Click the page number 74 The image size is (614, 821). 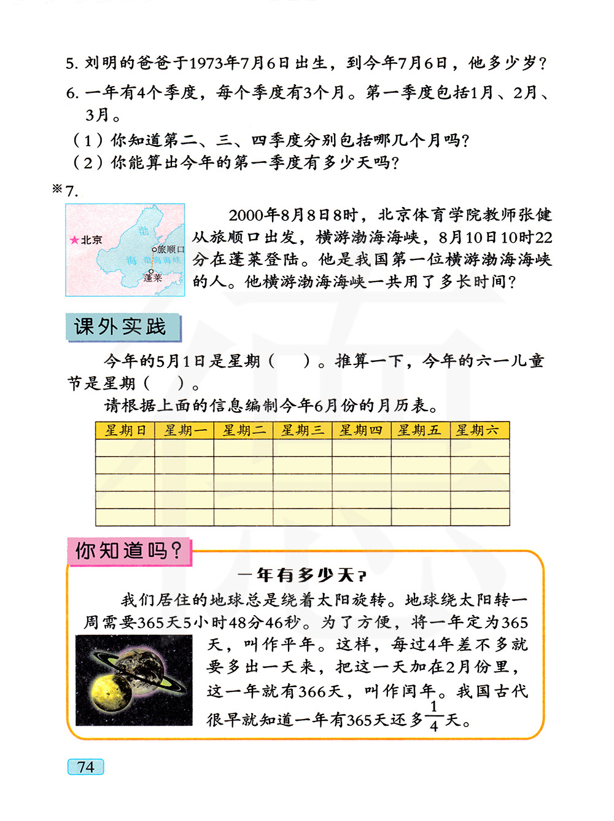[85, 767]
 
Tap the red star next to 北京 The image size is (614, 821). [74, 240]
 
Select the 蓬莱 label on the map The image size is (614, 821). [153, 278]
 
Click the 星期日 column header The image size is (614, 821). [125, 430]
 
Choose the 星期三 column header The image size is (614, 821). [302, 430]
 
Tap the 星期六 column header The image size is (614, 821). [479, 430]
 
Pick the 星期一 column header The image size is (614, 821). [184, 430]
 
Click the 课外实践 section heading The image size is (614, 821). [121, 327]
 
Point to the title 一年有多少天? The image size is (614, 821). [302, 576]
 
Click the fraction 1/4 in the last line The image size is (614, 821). [434, 717]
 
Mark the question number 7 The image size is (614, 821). [72, 191]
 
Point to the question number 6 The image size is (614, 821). [72, 93]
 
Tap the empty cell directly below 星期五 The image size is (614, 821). [420, 447]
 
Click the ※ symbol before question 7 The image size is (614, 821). [58, 189]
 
